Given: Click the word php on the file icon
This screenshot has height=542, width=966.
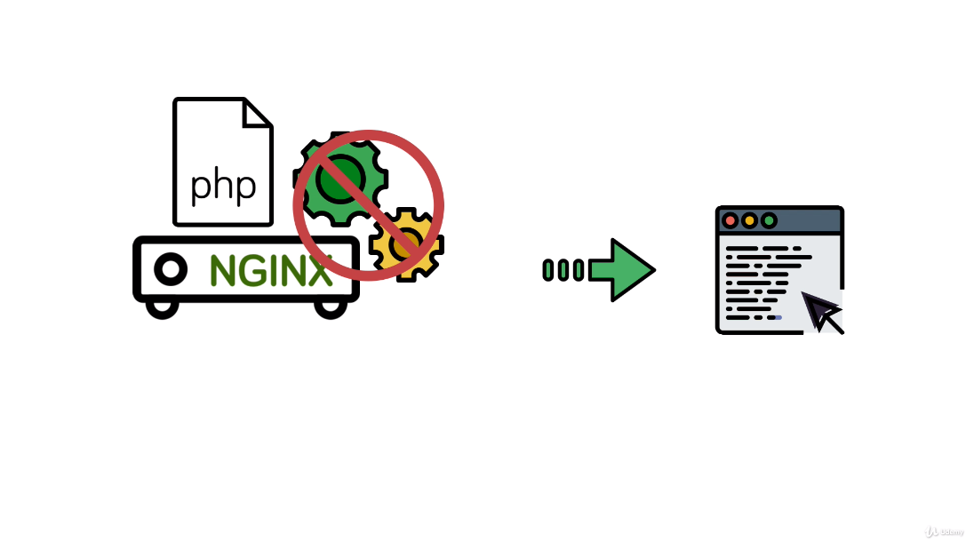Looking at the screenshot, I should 223,185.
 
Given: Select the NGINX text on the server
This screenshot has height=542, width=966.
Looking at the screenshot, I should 271,270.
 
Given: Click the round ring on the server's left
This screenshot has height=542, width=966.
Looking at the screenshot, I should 171,267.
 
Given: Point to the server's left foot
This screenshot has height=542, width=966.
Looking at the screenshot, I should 162,307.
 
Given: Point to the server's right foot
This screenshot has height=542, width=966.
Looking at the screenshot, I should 331,307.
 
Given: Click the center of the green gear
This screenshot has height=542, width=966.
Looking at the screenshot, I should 339,178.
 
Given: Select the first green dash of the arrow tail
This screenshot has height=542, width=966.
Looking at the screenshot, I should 548,270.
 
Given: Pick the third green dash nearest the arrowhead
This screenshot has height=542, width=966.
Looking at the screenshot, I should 579,270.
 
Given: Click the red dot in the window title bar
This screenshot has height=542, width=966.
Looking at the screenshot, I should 730,220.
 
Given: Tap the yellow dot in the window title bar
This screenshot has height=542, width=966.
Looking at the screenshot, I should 750,220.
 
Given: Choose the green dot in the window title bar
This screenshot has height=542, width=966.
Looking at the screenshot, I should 770,220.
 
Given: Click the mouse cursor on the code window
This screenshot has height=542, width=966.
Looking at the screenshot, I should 823,312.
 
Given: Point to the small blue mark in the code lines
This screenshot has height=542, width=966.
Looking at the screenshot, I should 778,317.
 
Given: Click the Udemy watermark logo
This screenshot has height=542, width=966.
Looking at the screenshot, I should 944,531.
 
